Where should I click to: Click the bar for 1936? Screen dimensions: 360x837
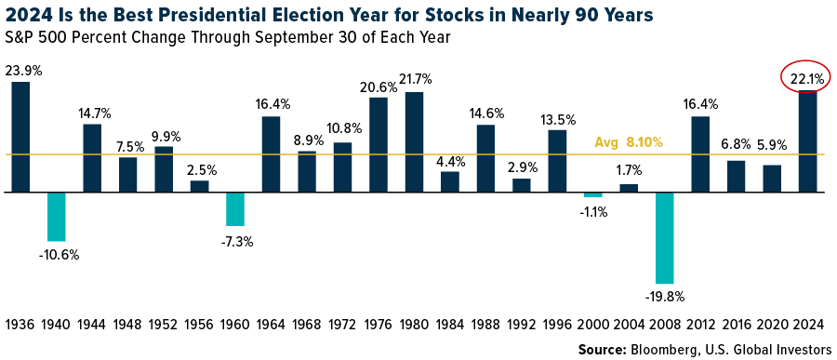click(20, 137)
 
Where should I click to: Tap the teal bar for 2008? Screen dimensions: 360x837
click(665, 237)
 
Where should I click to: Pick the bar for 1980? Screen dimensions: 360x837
click(415, 141)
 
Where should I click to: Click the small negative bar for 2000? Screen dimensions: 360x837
click(593, 194)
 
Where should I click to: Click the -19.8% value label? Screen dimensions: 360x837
click(665, 298)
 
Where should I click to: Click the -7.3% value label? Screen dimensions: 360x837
click(236, 241)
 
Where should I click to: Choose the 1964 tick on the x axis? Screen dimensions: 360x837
click(272, 325)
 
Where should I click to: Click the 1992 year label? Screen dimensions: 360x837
click(522, 325)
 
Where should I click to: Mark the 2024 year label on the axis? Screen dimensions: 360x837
click(808, 325)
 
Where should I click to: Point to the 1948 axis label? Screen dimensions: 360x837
click(128, 325)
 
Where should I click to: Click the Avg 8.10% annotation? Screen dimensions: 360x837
click(629, 143)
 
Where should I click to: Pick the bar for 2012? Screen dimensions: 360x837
click(700, 154)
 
